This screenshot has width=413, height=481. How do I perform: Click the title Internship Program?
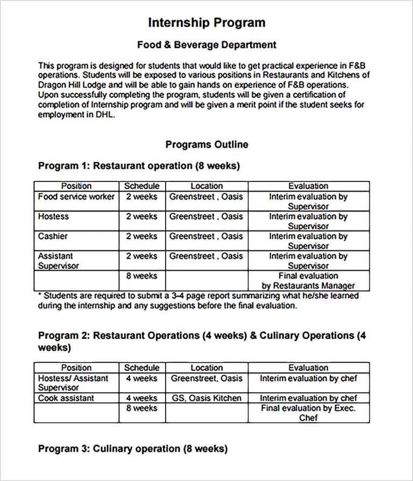point(206,23)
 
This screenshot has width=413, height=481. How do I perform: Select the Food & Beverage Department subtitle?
point(206,45)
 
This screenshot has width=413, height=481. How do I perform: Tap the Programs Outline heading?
point(206,144)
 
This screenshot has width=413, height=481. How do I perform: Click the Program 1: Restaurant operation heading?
point(139,166)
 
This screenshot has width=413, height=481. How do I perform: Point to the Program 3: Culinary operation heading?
point(133,449)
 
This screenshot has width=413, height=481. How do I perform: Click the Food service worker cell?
point(76,197)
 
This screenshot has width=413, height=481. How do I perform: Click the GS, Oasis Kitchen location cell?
point(206,398)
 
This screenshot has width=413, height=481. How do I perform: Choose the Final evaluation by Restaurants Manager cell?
point(308,281)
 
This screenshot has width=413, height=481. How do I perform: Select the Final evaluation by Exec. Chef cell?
point(308,413)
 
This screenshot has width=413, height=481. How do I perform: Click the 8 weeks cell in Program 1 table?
point(141,276)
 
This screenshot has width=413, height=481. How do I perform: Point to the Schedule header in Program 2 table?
point(141,368)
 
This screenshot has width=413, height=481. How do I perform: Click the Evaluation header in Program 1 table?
point(308,186)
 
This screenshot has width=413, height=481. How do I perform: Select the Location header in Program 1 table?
point(206,186)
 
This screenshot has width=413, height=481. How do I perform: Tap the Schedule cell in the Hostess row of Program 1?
point(141,217)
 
